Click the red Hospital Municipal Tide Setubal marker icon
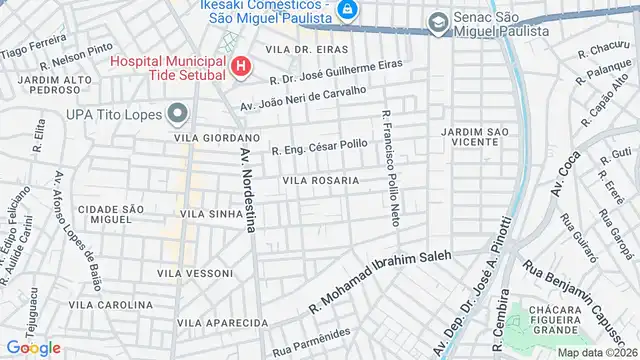[x=240, y=68]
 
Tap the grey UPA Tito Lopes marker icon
[x=179, y=112]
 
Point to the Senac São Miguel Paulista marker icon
[x=437, y=22]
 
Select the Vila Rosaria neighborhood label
[x=320, y=181]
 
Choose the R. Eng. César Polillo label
[x=319, y=149]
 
